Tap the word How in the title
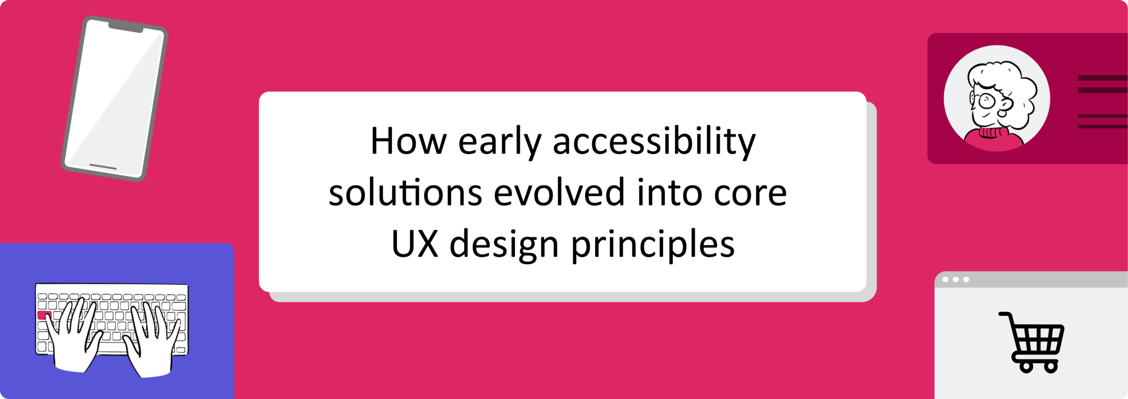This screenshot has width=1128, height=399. (x=408, y=142)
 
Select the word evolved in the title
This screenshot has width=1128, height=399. (x=559, y=193)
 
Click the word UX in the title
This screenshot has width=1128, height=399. (x=415, y=244)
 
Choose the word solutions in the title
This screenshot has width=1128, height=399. (x=405, y=193)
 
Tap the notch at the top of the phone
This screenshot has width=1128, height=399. (x=126, y=26)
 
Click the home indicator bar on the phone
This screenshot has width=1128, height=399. (x=103, y=167)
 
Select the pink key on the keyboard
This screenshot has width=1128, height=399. (x=45, y=315)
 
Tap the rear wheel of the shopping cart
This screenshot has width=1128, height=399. (x=1026, y=366)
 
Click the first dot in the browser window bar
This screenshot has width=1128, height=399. (x=945, y=280)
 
